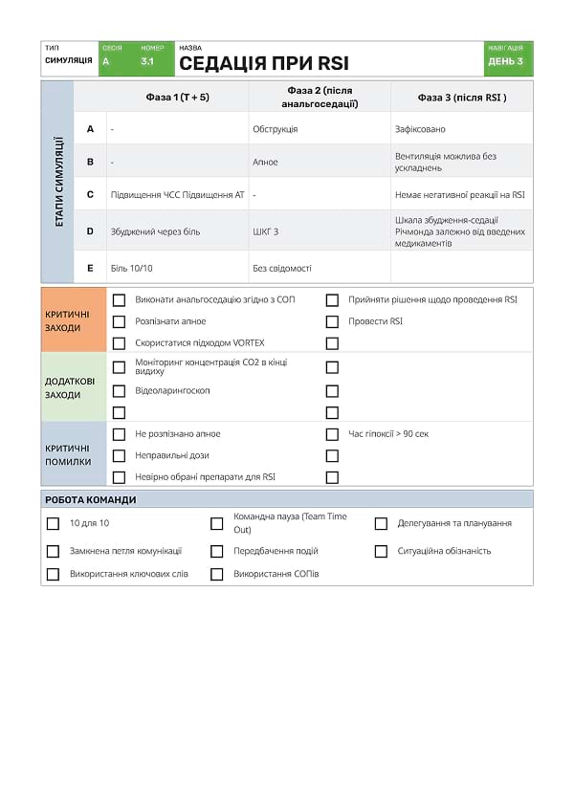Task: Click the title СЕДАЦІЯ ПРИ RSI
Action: pyautogui.click(x=264, y=63)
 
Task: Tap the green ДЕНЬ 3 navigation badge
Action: pyautogui.click(x=506, y=61)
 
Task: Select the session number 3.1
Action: pyautogui.click(x=147, y=61)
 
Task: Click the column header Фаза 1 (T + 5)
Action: pyautogui.click(x=177, y=97)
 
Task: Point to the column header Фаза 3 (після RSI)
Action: pyautogui.click(x=462, y=97)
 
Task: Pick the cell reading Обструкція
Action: pyautogui.click(x=275, y=129)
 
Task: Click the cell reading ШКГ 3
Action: pyautogui.click(x=266, y=231)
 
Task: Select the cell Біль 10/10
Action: pyautogui.click(x=131, y=269)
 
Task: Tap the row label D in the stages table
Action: pyautogui.click(x=90, y=231)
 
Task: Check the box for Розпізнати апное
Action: pyautogui.click(x=120, y=322)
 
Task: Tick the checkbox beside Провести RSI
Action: pyautogui.click(x=332, y=322)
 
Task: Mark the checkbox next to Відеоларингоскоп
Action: pyautogui.click(x=120, y=391)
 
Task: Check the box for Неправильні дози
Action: pyautogui.click(x=120, y=456)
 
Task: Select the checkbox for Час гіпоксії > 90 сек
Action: pyautogui.click(x=332, y=434)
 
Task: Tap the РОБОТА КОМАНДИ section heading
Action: pyautogui.click(x=91, y=499)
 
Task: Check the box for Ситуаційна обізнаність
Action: pyautogui.click(x=381, y=552)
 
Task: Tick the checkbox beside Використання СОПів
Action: pyautogui.click(x=216, y=575)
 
